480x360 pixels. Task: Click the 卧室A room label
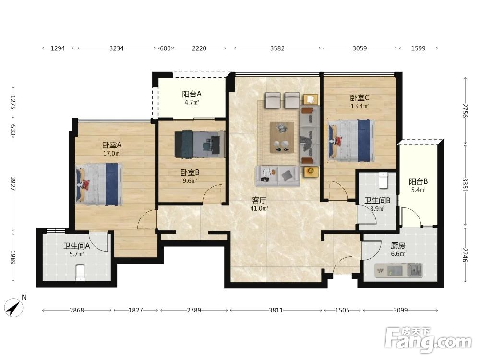tap(112, 144)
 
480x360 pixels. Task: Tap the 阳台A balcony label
tap(192, 94)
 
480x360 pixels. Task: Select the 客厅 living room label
tap(259, 200)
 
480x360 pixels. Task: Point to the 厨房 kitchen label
tap(398, 245)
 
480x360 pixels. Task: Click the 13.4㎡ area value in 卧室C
tap(360, 106)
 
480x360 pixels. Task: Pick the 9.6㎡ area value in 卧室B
tap(190, 180)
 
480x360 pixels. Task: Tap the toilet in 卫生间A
tap(80, 273)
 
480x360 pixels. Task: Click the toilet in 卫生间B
tap(383, 180)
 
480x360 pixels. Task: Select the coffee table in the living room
tap(282, 137)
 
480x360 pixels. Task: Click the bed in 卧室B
tap(200, 144)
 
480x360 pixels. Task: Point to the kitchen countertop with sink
tap(398, 270)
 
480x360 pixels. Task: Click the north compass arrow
tap(14, 307)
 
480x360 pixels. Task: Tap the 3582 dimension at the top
tap(277, 48)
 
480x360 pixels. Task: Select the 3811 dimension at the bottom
tap(276, 310)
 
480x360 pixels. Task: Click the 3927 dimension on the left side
tap(13, 184)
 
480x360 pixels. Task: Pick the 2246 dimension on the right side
tap(465, 255)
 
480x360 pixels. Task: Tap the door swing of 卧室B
tap(213, 194)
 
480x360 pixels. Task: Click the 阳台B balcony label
tap(418, 181)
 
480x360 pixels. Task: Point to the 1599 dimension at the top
tap(418, 48)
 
